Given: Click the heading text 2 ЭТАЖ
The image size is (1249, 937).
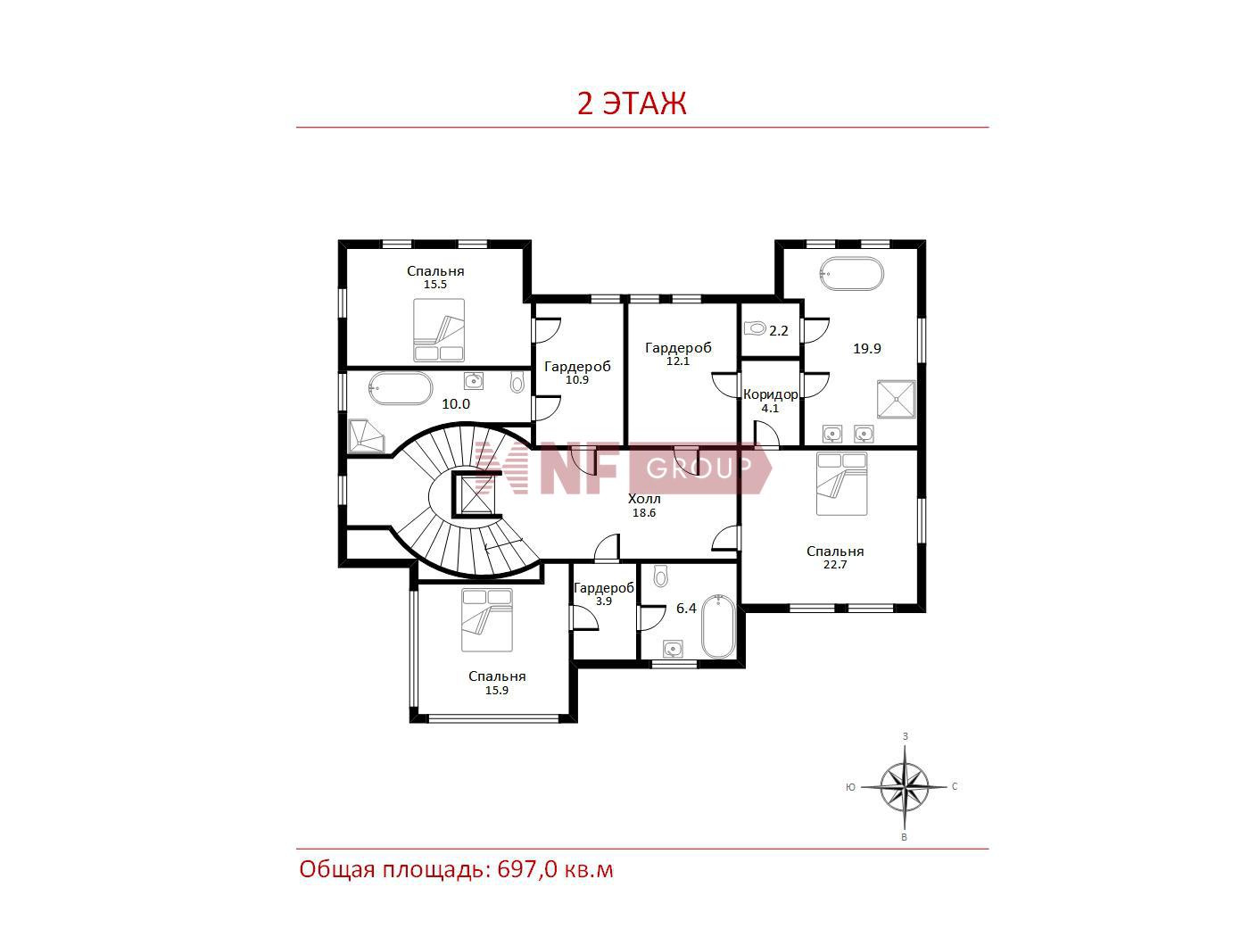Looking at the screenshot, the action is [632, 104].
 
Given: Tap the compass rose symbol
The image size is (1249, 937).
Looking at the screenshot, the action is [904, 787].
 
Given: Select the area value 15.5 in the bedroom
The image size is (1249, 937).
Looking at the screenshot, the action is [435, 285].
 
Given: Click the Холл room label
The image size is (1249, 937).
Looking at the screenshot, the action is [644, 499].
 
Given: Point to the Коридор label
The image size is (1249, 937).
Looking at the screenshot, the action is [771, 394].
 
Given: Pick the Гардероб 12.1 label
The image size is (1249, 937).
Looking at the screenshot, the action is [678, 354].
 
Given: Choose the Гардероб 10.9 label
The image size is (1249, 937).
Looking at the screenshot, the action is [577, 373].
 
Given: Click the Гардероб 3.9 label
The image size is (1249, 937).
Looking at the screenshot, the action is [604, 594].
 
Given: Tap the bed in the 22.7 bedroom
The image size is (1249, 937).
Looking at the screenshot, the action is [841, 484].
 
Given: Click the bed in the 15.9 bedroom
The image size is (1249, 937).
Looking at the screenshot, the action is [487, 620].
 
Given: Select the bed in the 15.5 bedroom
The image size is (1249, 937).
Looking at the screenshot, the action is [439, 330].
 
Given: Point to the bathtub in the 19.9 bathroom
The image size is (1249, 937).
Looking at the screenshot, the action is [852, 274].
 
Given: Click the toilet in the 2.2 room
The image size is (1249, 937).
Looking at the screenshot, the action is [755, 328].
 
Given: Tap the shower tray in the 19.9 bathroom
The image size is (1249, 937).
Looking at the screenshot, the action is [897, 399].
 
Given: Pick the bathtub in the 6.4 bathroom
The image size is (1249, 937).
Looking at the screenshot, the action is [719, 626].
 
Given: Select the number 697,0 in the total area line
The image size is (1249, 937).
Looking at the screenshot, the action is [527, 870].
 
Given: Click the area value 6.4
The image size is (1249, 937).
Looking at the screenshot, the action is [686, 609].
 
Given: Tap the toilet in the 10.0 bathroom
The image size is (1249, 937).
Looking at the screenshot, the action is [517, 382].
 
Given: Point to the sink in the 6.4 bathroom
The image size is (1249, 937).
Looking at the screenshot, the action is [674, 649].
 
